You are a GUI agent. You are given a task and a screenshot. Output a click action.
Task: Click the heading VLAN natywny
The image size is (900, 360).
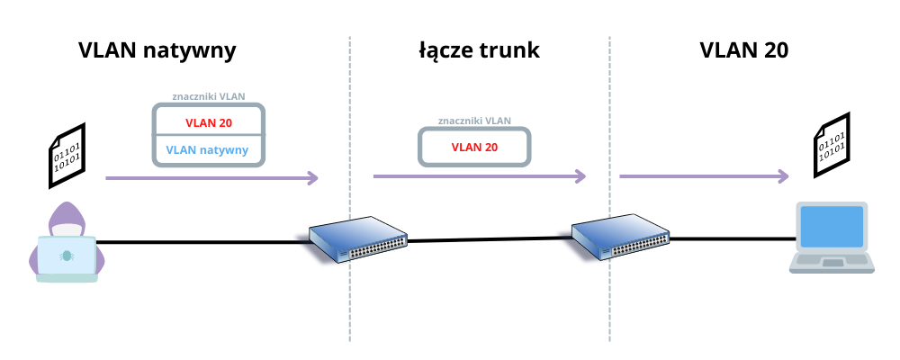click(x=157, y=50)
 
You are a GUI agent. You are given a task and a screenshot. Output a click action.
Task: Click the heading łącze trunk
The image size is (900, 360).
click(x=479, y=50)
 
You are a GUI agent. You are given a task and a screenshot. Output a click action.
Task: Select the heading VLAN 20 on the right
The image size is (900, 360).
click(x=744, y=50)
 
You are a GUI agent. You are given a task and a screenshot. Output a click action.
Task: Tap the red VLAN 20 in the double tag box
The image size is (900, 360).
click(x=209, y=122)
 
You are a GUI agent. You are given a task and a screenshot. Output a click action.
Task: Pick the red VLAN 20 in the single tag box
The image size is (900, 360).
click(x=474, y=147)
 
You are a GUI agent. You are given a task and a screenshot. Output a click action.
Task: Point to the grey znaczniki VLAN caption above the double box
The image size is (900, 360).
click(x=209, y=95)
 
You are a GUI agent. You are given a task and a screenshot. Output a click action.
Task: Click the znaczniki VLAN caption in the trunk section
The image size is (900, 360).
click(x=474, y=120)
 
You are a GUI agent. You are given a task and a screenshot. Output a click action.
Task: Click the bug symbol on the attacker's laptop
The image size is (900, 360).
click(x=66, y=256)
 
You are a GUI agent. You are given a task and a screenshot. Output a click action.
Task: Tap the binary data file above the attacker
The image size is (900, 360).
click(x=67, y=156)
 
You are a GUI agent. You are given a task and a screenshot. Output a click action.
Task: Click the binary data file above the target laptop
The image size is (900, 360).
click(x=831, y=147)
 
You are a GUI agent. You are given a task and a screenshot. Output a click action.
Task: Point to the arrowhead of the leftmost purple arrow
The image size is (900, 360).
click(x=313, y=178)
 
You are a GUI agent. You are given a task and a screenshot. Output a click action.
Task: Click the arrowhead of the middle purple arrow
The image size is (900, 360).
click(x=581, y=176)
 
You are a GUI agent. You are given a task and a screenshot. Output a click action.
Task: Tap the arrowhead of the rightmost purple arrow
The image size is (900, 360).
click(x=784, y=176)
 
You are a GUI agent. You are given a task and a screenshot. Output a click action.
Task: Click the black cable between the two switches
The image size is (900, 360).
click(x=490, y=239)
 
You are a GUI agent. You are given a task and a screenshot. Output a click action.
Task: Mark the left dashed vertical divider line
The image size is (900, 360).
click(x=349, y=297)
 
